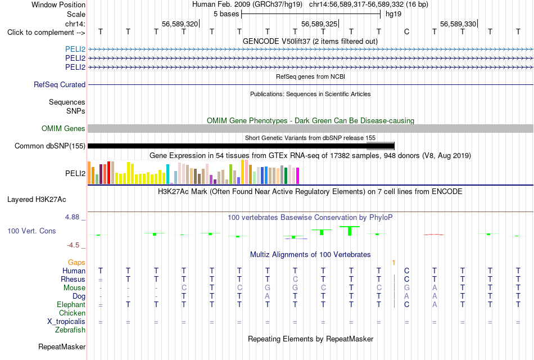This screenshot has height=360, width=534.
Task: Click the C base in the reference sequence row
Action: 406,32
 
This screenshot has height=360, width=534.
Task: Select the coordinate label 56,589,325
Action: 319,24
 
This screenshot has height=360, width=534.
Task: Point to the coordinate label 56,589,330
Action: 458,24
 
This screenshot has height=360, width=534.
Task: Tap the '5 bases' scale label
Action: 226,14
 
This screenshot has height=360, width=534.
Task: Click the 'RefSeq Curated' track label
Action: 60,84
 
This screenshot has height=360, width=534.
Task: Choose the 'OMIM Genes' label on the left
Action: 64,128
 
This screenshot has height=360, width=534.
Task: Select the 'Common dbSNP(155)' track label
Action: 50,146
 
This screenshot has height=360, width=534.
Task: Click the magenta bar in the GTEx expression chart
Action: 298,176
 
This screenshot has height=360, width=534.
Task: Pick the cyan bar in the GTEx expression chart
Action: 168,174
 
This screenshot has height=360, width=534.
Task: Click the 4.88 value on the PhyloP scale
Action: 72,217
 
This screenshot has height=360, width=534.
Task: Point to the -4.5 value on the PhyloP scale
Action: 73,245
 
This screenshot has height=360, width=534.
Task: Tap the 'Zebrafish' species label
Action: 70,330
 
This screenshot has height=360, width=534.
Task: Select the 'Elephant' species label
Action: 71,305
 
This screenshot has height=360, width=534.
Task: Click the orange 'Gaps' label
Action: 76,263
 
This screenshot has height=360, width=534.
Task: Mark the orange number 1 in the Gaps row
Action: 393,263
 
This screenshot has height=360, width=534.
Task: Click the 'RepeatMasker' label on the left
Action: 62,347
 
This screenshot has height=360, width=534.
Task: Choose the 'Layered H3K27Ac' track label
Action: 37,200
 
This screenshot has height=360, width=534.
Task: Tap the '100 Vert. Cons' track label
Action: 31,231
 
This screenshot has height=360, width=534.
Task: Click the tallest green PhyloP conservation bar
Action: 350,231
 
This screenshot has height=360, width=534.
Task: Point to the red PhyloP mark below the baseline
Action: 433,235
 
